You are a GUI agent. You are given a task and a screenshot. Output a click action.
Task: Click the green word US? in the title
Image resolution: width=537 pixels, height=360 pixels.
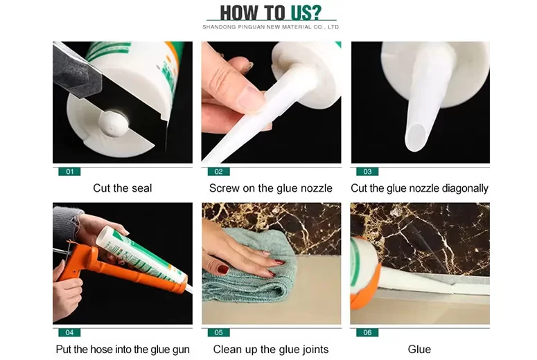(306, 12)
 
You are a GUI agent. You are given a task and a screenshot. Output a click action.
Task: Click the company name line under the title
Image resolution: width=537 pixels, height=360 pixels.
(271, 27)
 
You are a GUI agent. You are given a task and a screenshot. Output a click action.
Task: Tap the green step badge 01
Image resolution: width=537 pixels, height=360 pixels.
(69, 172)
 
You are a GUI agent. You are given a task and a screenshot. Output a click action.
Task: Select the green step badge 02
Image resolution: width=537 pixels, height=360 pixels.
(218, 172)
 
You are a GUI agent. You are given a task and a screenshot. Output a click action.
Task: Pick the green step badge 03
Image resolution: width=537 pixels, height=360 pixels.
(367, 172)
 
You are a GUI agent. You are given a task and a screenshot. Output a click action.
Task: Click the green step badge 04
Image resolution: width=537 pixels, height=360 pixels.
(69, 332)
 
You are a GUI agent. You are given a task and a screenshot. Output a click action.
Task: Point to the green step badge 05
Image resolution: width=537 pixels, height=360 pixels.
(218, 332)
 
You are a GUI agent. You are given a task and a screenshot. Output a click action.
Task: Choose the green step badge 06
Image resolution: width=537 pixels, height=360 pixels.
(367, 332)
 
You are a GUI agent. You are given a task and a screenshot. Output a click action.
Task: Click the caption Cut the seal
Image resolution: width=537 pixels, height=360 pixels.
(122, 188)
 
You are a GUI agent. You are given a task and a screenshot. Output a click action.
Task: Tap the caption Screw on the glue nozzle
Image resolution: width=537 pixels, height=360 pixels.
(270, 188)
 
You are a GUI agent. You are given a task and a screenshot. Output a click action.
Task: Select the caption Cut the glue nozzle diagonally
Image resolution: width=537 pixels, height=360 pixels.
(419, 188)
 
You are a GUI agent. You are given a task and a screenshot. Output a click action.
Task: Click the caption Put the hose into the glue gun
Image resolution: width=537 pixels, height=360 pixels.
(123, 350)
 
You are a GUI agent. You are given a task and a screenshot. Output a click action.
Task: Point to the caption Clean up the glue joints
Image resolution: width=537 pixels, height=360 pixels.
(271, 350)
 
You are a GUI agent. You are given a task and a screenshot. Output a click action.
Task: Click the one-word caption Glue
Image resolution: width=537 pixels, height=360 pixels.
(419, 350)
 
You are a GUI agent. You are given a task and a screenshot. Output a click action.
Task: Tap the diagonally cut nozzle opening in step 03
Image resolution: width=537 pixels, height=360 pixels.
(416, 137)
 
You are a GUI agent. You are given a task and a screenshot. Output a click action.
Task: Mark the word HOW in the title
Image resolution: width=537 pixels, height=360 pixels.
(238, 13)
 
